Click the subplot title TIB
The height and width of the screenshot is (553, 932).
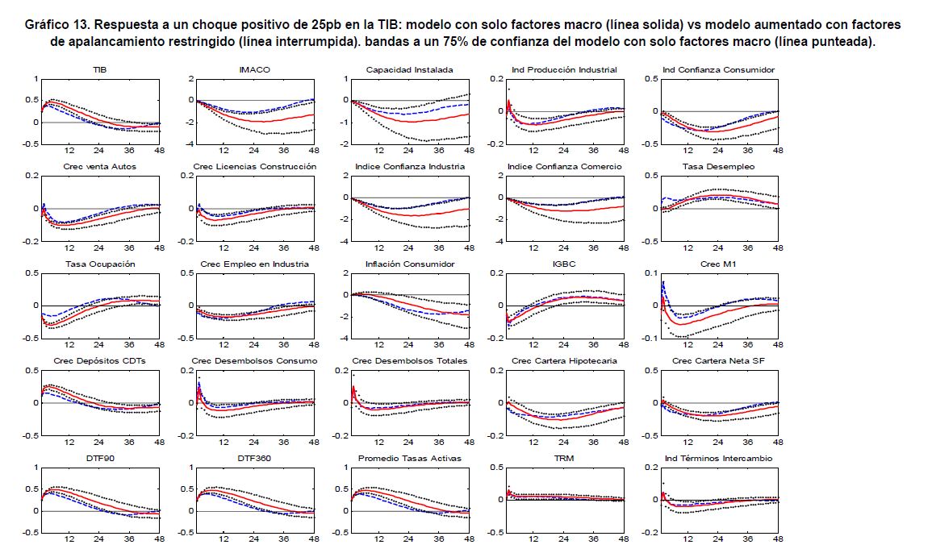(99, 70)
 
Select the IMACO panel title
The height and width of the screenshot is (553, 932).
(254, 70)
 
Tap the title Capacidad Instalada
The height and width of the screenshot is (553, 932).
(409, 70)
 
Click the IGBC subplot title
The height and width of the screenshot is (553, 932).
(564, 264)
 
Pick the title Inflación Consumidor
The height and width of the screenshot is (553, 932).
(409, 264)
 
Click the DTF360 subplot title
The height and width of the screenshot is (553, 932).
(254, 459)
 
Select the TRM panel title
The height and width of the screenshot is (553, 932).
(564, 459)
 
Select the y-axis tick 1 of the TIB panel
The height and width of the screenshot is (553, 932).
(36, 79)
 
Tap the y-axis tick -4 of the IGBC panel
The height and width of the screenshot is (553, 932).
(498, 339)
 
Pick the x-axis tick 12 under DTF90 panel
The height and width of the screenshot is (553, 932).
(69, 539)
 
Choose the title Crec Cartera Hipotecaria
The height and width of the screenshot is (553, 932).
(564, 361)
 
